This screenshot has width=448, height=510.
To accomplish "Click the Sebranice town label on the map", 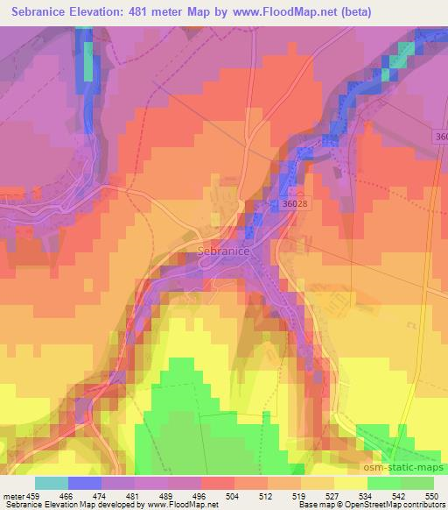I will [218, 251].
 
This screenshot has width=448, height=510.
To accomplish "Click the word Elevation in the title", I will [103, 12].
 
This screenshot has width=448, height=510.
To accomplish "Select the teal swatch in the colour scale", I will [52, 484].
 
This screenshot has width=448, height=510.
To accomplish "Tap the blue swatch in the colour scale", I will [85, 484].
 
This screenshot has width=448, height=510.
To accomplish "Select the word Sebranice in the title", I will [41, 12].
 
